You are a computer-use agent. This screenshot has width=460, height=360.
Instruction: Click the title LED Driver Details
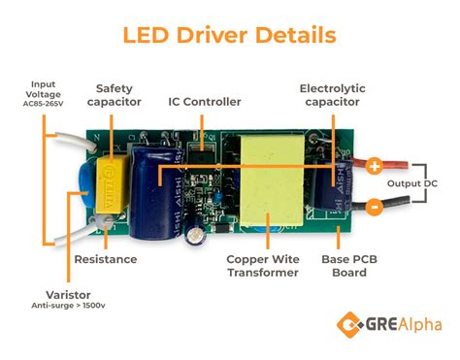point(230,35)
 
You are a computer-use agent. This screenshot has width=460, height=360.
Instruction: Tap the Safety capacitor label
point(114,95)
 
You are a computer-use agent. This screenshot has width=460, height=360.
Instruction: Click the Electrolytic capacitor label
point(332,95)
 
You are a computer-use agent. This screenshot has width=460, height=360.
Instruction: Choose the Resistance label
point(106,259)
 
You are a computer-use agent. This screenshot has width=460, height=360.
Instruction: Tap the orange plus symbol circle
point(374,165)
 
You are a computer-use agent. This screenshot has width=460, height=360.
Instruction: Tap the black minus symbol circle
point(374,206)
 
